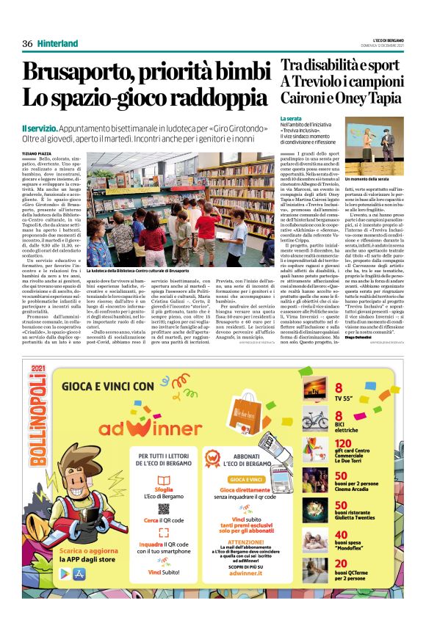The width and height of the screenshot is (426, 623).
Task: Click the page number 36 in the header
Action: coord(28,43)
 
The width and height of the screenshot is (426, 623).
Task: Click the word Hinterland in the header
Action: coord(57,43)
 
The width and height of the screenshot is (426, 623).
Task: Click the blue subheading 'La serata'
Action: coord(291,118)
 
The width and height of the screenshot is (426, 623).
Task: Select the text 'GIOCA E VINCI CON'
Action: coord(108,385)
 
